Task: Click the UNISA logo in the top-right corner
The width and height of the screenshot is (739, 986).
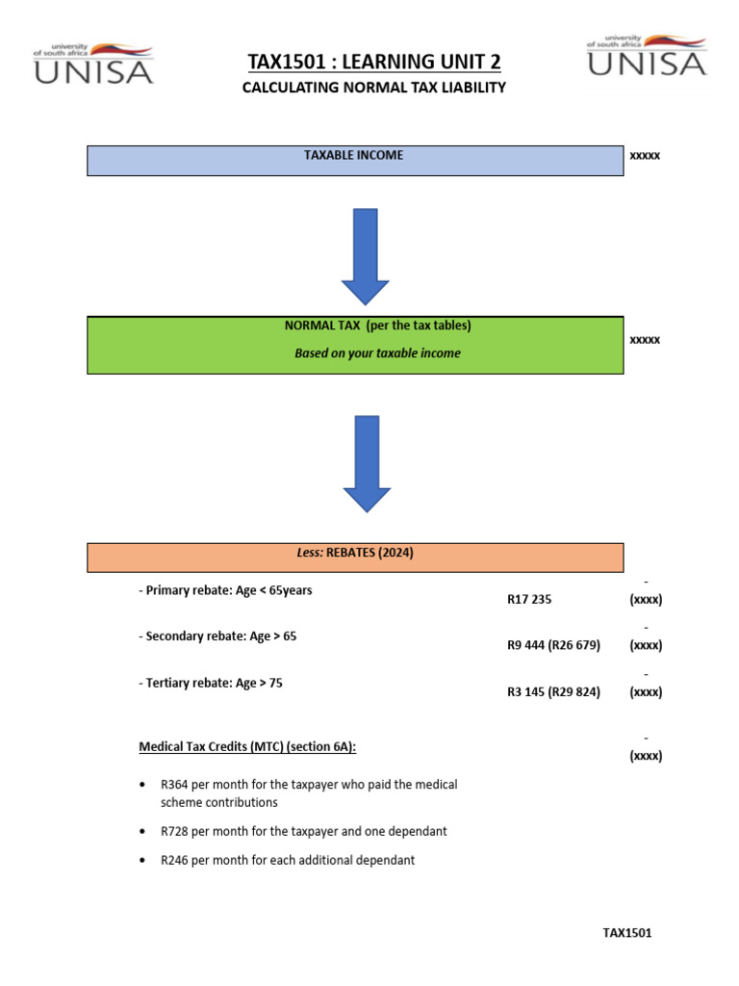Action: (646, 54)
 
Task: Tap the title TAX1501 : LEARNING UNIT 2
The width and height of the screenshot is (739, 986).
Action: (374, 63)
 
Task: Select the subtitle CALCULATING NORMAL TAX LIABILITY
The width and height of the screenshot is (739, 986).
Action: (374, 88)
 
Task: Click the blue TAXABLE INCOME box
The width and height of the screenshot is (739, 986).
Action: (354, 160)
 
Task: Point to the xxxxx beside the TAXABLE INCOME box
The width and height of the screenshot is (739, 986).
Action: (645, 155)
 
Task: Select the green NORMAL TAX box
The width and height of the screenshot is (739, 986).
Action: (354, 345)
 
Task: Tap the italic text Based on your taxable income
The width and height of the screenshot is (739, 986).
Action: (377, 353)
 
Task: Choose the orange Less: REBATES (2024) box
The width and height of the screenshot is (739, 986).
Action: (354, 557)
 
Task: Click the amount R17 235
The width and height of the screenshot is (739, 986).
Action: (529, 599)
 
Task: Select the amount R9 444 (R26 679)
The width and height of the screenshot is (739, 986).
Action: (553, 645)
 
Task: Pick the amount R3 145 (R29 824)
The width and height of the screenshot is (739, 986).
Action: (553, 691)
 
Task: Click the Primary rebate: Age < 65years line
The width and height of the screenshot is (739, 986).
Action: (225, 590)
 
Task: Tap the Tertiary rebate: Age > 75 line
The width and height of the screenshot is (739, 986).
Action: (211, 683)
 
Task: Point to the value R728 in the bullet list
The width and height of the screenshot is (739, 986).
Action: (175, 831)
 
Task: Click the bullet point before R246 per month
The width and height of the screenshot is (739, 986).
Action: (143, 860)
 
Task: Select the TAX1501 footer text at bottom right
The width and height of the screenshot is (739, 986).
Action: (627, 932)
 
